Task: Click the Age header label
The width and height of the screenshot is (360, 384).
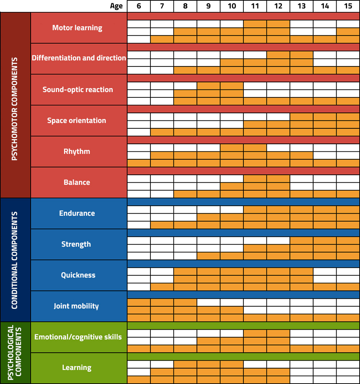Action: pyautogui.click(x=116, y=6)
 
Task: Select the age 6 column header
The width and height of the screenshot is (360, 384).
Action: pyautogui.click(x=139, y=6)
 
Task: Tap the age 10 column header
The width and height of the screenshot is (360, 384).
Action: pyautogui.click(x=231, y=6)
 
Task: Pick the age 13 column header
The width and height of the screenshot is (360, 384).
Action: pyautogui.click(x=301, y=6)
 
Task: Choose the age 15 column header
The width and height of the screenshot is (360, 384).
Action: pyautogui.click(x=348, y=6)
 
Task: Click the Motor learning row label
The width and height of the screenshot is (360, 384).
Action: pyautogui.click(x=77, y=28)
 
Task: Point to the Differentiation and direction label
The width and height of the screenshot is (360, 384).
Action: pyautogui.click(x=79, y=58)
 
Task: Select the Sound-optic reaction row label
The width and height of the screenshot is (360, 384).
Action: pyautogui.click(x=78, y=90)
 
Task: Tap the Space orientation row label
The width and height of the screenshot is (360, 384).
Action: pyautogui.click(x=77, y=120)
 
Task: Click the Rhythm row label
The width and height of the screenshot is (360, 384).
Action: pyautogui.click(x=77, y=151)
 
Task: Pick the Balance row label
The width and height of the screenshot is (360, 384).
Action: pyautogui.click(x=77, y=182)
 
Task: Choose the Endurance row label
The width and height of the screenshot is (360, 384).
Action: pyautogui.click(x=77, y=213)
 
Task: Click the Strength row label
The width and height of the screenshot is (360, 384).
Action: pyautogui.click(x=76, y=244)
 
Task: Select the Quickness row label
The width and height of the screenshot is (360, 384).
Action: pyautogui.click(x=78, y=275)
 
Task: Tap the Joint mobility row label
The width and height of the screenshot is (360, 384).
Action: pyautogui.click(x=76, y=306)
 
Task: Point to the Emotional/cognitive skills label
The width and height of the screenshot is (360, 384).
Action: pyautogui.click(x=78, y=337)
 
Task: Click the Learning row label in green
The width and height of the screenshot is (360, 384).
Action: pyautogui.click(x=77, y=367)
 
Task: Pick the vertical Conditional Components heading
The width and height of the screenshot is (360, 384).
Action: pyautogui.click(x=15, y=260)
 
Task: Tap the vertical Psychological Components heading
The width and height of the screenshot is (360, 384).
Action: pyautogui.click(x=15, y=352)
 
